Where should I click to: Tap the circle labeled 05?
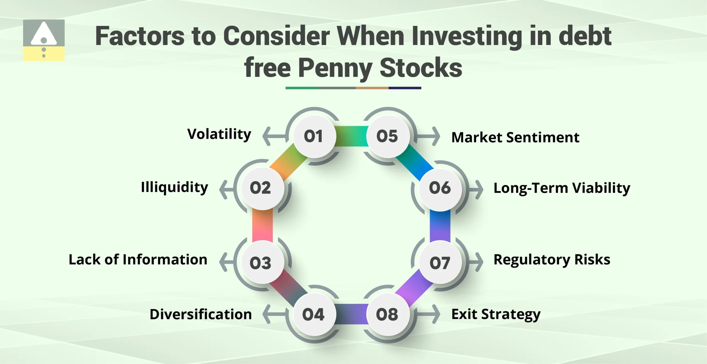click(x=388, y=136)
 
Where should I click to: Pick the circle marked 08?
click(x=388, y=314)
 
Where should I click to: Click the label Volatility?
click(x=219, y=134)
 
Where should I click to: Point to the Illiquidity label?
click(x=175, y=188)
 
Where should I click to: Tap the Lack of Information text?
click(x=138, y=259)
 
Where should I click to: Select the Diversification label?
click(x=201, y=314)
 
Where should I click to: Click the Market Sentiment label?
click(x=515, y=137)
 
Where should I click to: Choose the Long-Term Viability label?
click(x=562, y=188)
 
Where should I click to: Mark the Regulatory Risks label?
click(x=552, y=259)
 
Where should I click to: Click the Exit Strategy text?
click(x=496, y=314)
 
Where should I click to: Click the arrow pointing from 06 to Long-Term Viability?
click(x=476, y=190)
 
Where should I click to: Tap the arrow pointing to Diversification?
click(x=273, y=314)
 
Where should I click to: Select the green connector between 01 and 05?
click(x=351, y=136)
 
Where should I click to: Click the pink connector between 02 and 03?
click(x=262, y=225)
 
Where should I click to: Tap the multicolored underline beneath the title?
click(x=353, y=88)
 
